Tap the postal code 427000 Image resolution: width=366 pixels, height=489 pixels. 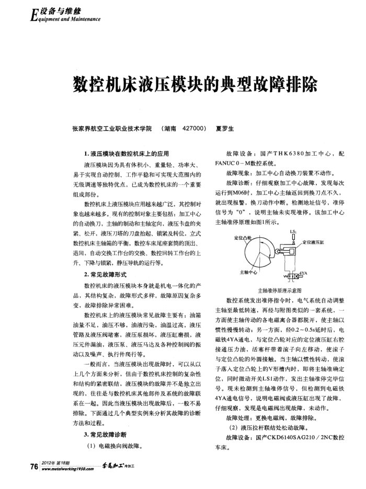pos(188,128)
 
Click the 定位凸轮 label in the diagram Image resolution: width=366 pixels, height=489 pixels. pos(243,237)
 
